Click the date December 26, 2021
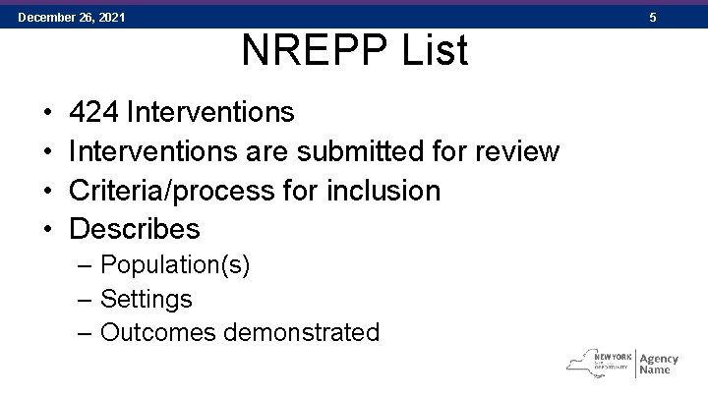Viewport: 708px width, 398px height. tap(71, 18)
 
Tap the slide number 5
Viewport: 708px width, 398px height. tap(685, 18)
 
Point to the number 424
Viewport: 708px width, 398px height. tap(94, 112)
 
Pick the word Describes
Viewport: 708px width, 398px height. tap(135, 229)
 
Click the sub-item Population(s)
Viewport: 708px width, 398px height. tap(175, 265)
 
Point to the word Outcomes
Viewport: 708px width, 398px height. tap(159, 332)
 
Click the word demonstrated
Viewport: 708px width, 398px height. tap(302, 332)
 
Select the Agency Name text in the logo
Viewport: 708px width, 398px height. tap(659, 363)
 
